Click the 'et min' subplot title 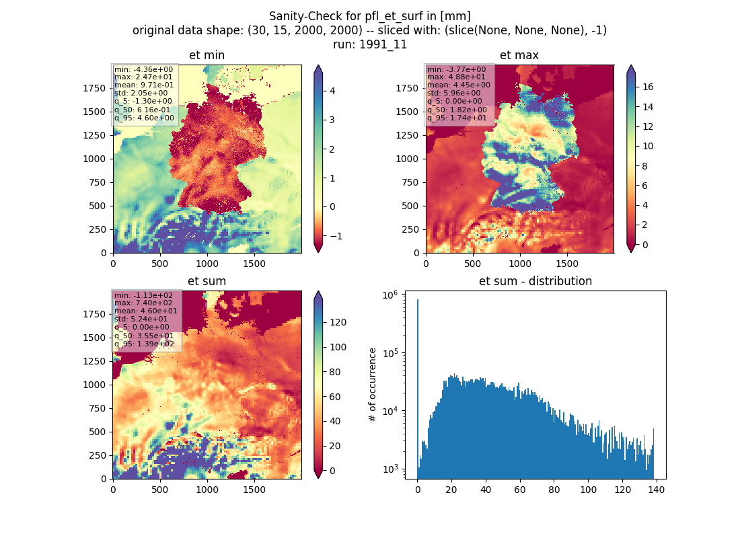207,55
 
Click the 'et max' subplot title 519,55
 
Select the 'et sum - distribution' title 535,281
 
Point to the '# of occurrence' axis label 373,385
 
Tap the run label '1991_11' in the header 383,44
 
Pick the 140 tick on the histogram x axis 656,490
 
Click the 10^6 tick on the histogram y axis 390,295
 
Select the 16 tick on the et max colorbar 648,87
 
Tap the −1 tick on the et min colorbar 334,236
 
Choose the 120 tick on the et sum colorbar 338,322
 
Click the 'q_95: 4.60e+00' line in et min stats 144,118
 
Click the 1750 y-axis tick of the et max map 407,88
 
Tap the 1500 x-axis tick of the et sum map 254,490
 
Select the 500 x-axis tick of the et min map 160,264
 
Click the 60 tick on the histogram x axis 519,490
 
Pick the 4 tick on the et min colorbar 332,91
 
